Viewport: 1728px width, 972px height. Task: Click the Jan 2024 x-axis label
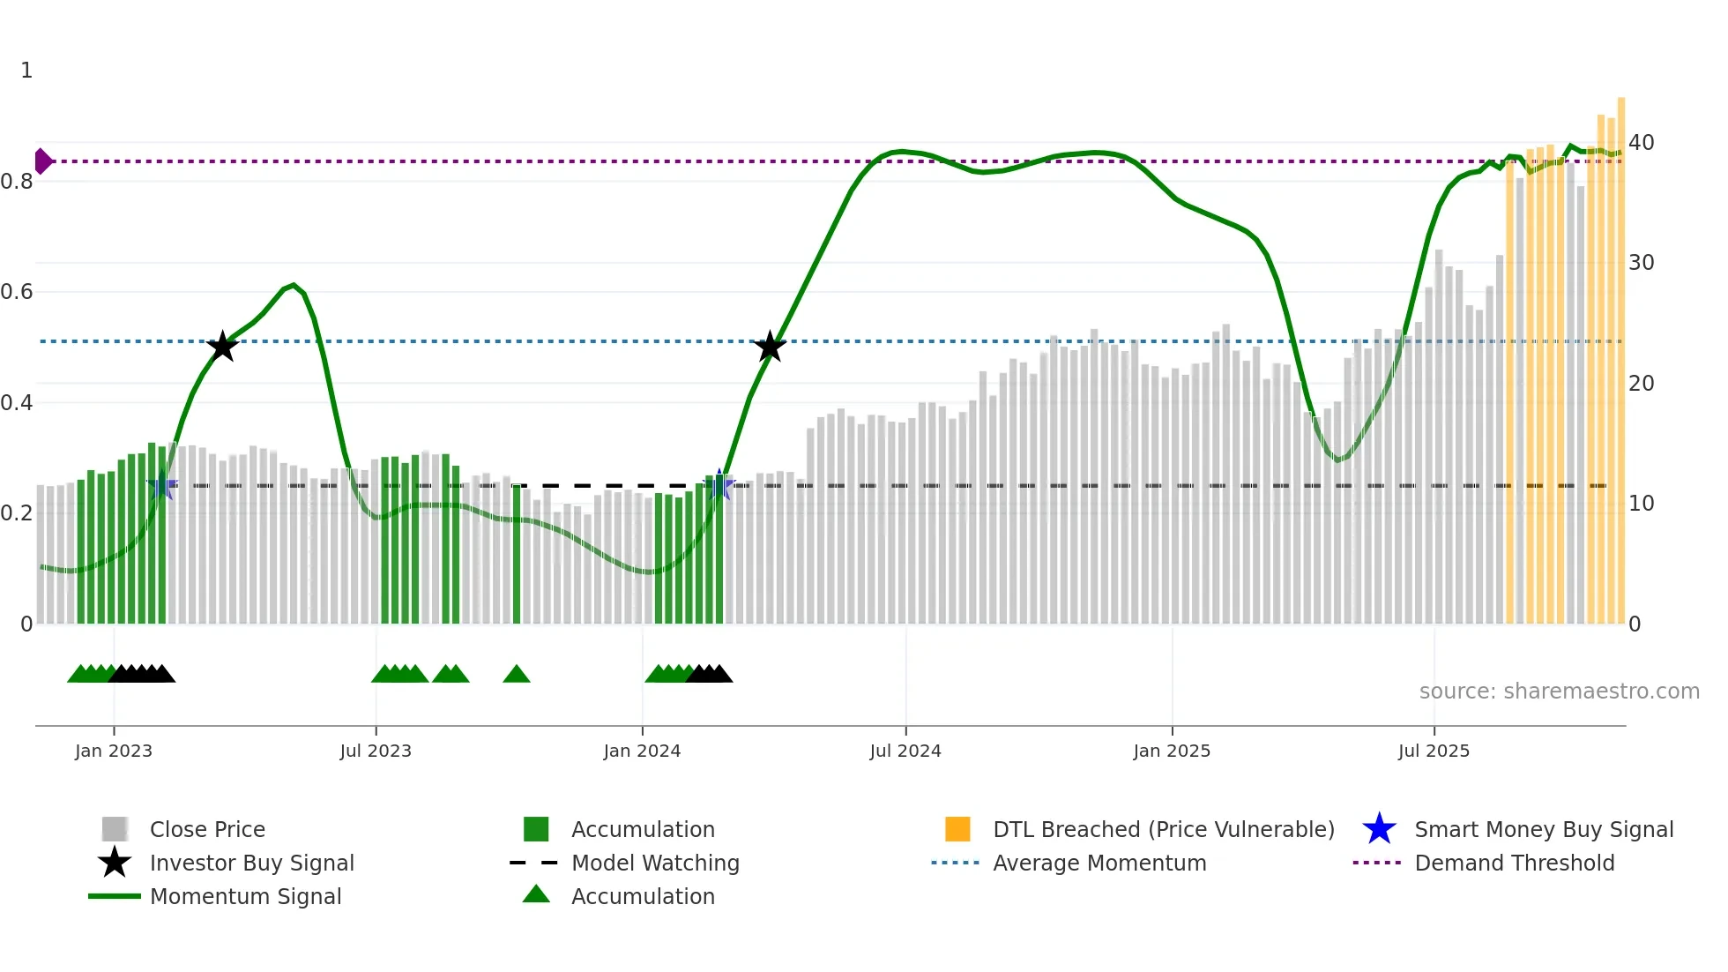(x=642, y=751)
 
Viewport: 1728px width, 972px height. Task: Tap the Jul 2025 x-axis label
(x=1434, y=751)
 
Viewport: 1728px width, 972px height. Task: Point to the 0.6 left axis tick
(x=17, y=292)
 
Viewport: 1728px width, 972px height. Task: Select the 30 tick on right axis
(x=1641, y=263)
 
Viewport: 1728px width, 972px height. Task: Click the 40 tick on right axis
(x=1641, y=143)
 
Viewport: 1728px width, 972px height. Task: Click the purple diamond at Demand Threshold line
(x=42, y=161)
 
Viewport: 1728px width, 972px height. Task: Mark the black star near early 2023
(x=222, y=347)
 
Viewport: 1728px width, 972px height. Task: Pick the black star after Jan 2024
(x=770, y=347)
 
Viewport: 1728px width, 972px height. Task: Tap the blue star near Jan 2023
(x=162, y=486)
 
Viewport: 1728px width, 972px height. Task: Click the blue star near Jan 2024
(x=719, y=485)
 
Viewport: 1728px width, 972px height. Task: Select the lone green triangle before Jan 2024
(x=517, y=675)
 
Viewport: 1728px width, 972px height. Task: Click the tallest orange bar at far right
(x=1620, y=353)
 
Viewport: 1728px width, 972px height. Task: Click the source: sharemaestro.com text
(x=1559, y=692)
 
